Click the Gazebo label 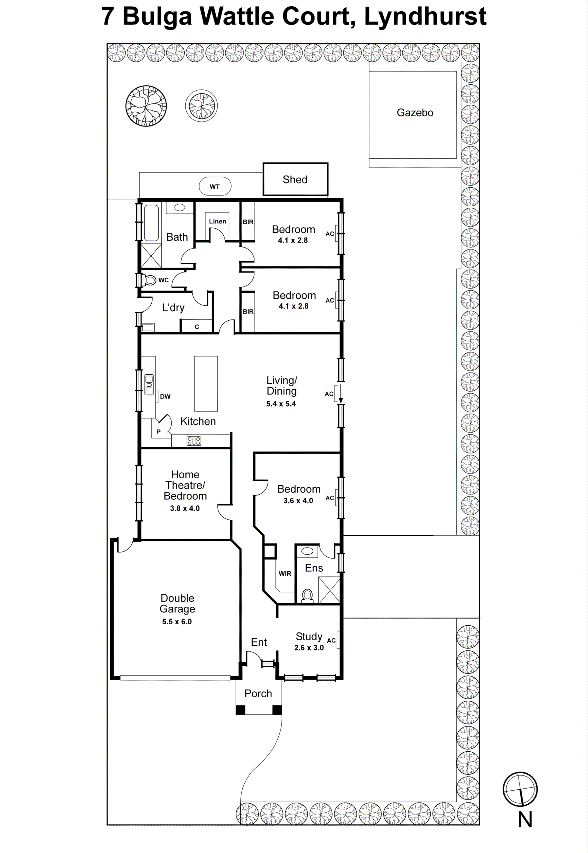[415, 113]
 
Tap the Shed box [295, 179]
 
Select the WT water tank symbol [215, 186]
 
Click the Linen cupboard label [217, 221]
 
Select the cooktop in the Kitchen [194, 441]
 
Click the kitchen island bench [206, 384]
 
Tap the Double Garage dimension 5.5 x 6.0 [177, 622]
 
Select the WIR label [285, 573]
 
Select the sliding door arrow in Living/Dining [341, 394]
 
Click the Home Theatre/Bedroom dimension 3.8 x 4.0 [185, 508]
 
